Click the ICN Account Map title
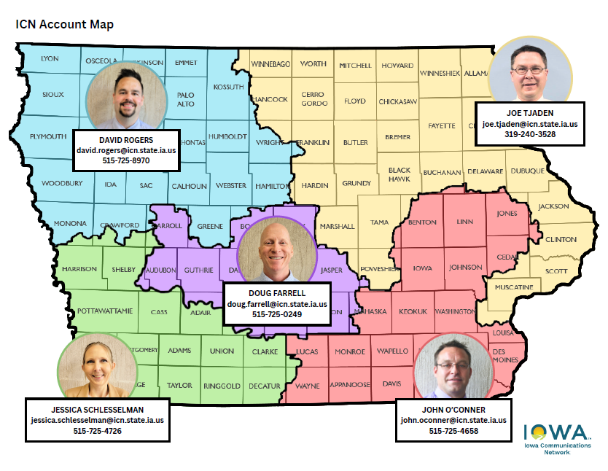pyautogui.click(x=65, y=24)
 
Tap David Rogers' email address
pyautogui.click(x=126, y=150)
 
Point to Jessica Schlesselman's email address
pyautogui.click(x=97, y=421)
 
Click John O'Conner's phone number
pyautogui.click(x=453, y=431)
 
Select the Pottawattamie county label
pyautogui.click(x=105, y=311)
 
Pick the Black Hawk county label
pyautogui.click(x=400, y=174)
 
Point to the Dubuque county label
pyautogui.click(x=527, y=171)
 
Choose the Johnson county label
pyautogui.click(x=466, y=268)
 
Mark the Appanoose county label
pyautogui.click(x=350, y=384)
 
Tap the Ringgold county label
pyautogui.click(x=222, y=386)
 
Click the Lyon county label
pyautogui.click(x=50, y=58)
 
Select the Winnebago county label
pyautogui.click(x=270, y=64)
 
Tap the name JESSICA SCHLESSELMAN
pyautogui.click(x=98, y=409)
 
